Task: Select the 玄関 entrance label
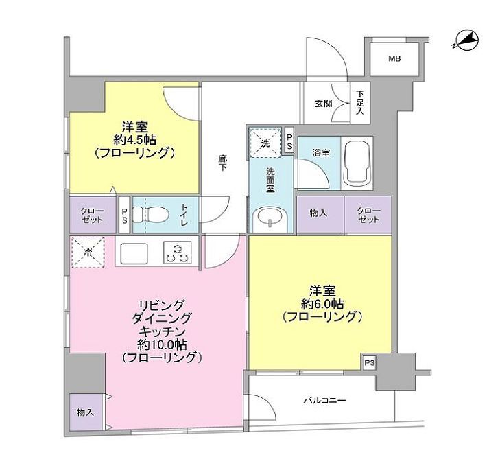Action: coord(323,104)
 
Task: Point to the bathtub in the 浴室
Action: coord(359,164)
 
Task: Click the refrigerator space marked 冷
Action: coord(87,251)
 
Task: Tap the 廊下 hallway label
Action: coord(223,163)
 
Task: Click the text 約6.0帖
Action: coord(320,303)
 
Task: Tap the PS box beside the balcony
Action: coord(370,362)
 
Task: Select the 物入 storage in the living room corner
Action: coord(86,412)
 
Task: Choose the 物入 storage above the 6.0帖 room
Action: coord(318,214)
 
